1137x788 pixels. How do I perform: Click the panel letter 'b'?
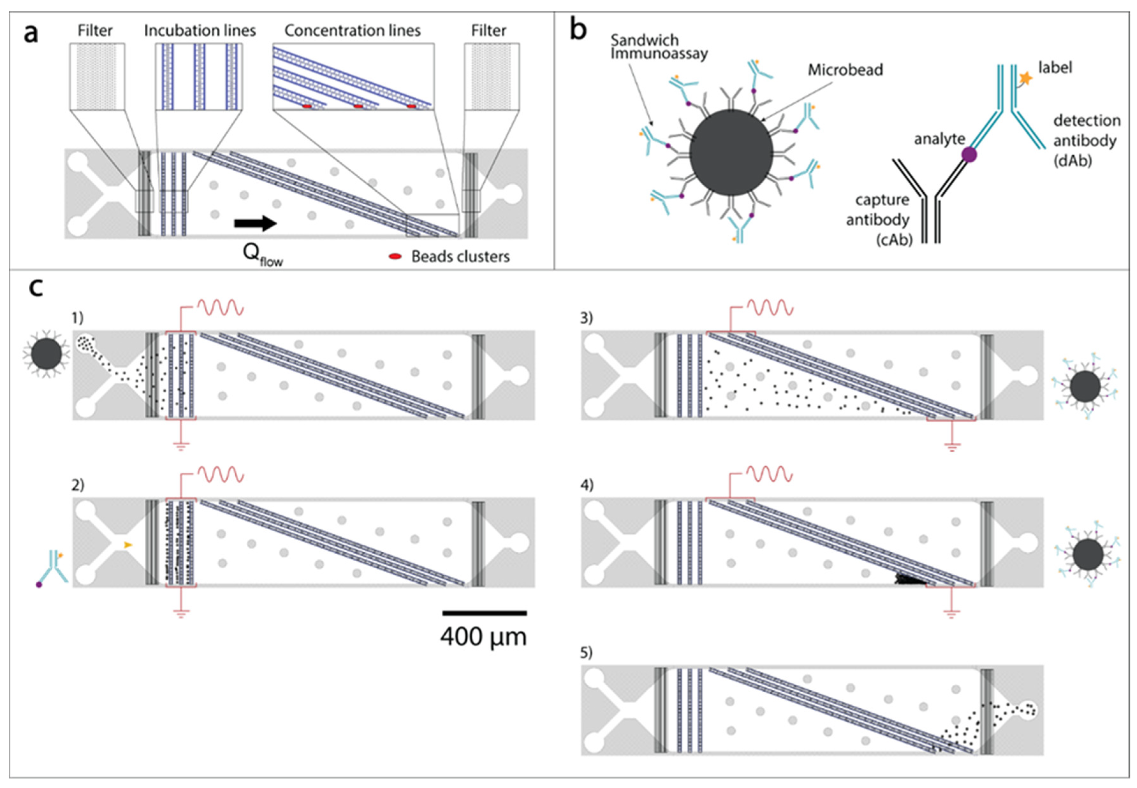pos(578,30)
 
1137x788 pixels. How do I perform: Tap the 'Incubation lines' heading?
pos(200,31)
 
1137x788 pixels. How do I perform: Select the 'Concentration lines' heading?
pos(352,31)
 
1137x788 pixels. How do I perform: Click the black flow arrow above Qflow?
pos(255,223)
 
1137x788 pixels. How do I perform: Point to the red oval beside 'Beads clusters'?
pos(395,257)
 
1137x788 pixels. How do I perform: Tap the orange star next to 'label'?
pos(1025,78)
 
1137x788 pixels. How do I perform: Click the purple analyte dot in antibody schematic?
pos(969,155)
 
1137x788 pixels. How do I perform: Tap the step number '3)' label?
pos(586,318)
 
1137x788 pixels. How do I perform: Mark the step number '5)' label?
pos(586,653)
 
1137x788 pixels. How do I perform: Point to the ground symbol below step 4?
pos(951,614)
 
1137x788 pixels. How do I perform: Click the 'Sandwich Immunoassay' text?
pos(659,47)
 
